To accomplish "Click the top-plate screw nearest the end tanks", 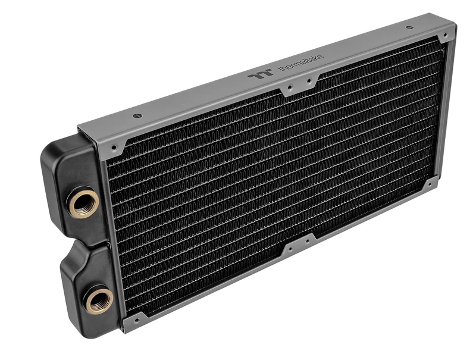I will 137,115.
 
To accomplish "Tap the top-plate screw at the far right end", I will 409,27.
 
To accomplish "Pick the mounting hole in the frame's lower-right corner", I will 429,184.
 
